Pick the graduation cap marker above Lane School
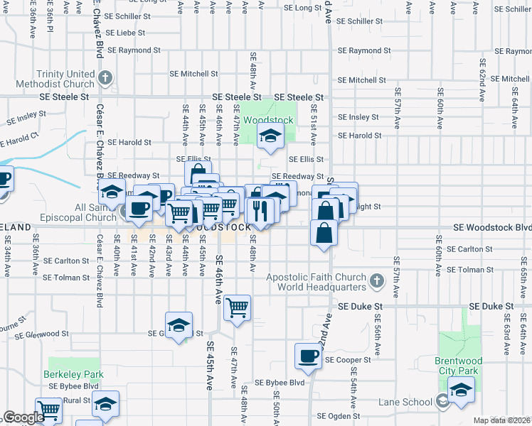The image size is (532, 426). coord(461,390)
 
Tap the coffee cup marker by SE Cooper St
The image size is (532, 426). coord(309,355)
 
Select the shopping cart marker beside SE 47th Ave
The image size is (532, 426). coord(237,307)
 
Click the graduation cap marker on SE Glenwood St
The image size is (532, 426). coord(179,324)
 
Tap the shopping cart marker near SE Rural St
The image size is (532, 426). coord(49,410)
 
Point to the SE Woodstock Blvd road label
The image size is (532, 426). coord(493,227)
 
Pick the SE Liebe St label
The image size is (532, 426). coord(125,33)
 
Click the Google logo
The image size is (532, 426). coord(23,417)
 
